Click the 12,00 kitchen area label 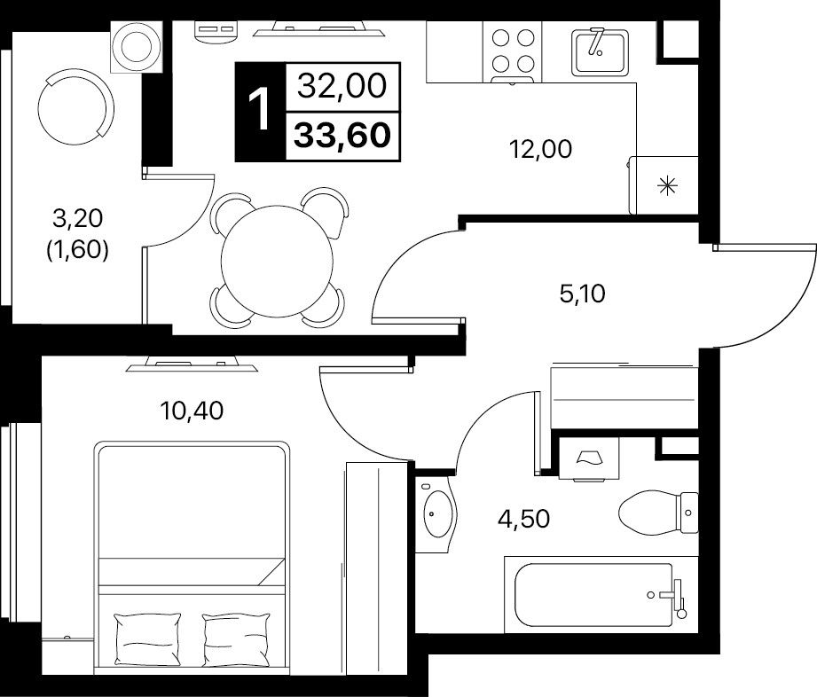click(x=540, y=150)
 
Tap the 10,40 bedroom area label click(x=192, y=411)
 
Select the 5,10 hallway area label click(x=582, y=294)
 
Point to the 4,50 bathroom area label click(x=523, y=520)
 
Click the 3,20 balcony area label click(x=78, y=218)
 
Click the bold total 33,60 click(x=342, y=136)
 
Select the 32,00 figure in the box click(x=342, y=86)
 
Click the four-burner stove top click(x=513, y=51)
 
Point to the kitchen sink click(x=600, y=51)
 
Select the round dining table click(x=277, y=261)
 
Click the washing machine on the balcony click(x=137, y=46)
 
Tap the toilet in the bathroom click(x=658, y=513)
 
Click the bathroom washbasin click(x=436, y=513)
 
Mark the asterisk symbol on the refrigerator click(x=666, y=186)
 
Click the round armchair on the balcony click(x=75, y=106)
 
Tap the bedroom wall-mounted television click(x=192, y=364)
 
